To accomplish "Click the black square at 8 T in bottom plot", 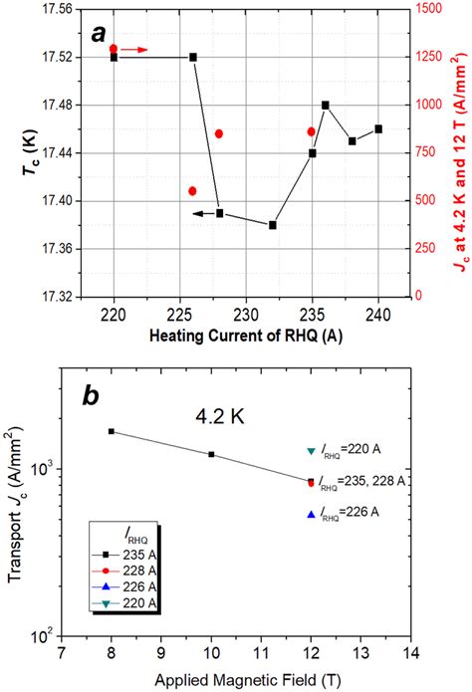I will click(x=112, y=431).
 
